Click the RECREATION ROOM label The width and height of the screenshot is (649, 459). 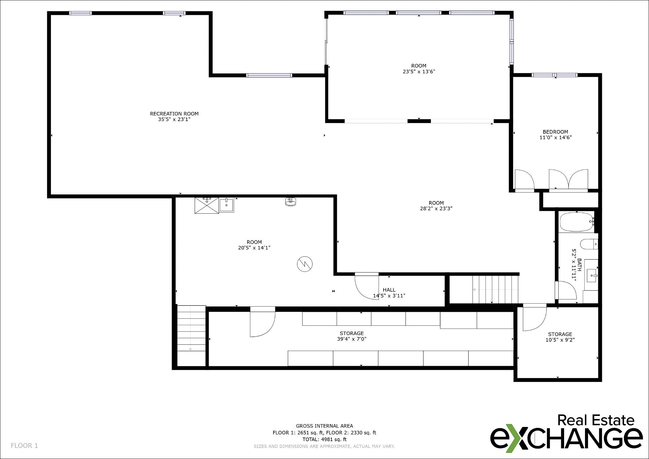(174, 113)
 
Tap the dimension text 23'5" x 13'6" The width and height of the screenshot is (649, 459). (419, 72)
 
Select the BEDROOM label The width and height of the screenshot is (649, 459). (555, 132)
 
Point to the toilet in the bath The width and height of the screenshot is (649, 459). (588, 244)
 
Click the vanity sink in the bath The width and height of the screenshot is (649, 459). (591, 275)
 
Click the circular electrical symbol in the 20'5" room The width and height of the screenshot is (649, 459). (305, 264)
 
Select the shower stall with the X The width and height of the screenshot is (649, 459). (207, 205)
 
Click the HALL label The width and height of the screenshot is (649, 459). (389, 290)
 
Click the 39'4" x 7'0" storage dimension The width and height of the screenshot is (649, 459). (351, 339)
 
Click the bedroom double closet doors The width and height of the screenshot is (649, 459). (569, 180)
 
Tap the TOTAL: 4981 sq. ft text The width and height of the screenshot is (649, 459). (324, 439)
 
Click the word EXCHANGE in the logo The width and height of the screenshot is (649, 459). (566, 438)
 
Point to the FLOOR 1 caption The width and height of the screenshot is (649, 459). (24, 446)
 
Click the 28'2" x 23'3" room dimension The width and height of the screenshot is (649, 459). (436, 209)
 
